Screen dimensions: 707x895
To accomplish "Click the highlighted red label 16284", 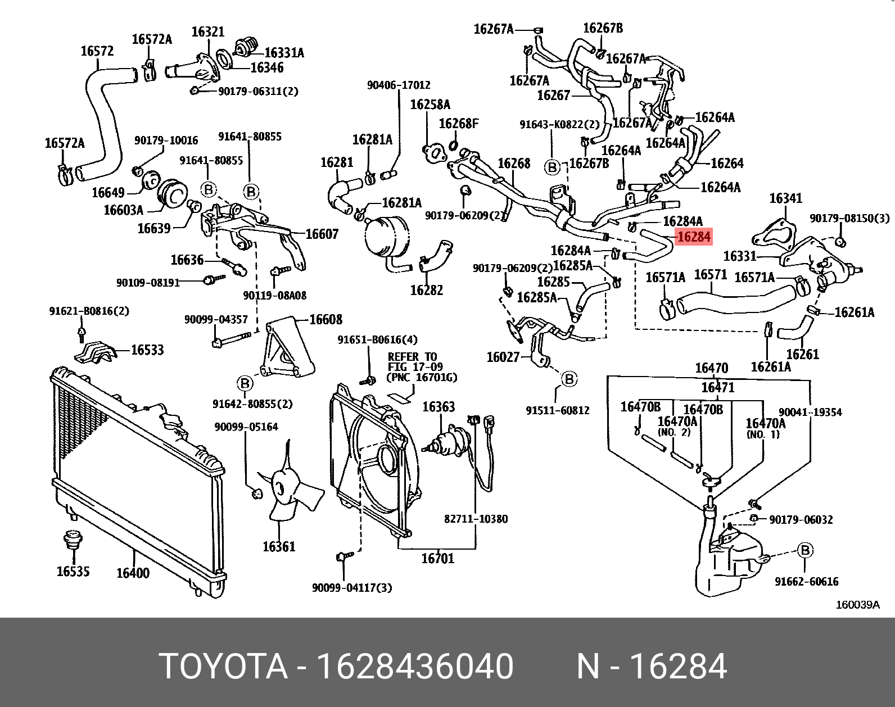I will pos(694,237).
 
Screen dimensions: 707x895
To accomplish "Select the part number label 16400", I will pos(133,573).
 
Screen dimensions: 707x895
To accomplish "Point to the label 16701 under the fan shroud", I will pos(437,558).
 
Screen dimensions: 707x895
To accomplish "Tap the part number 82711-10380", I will pos(476,519).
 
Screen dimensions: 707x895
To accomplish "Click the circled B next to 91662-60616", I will pos(805,550).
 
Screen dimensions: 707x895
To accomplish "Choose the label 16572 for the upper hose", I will pos(97,51).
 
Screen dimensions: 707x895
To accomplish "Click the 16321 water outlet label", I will pos(207,31).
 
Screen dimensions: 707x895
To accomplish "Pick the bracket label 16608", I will pos(326,320).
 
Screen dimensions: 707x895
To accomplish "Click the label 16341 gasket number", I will pos(785,198).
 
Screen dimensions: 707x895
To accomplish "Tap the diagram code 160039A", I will pos(857,605).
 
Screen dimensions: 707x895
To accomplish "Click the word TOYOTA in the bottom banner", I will pos(223,667).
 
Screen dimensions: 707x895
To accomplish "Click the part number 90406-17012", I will pos(399,85).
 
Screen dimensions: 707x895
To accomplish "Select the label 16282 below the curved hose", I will pos(426,290).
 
